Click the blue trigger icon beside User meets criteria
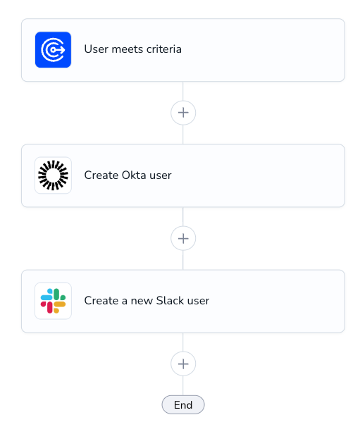click(x=53, y=50)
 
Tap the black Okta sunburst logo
click(x=53, y=175)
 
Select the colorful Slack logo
click(x=53, y=301)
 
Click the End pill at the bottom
click(x=183, y=405)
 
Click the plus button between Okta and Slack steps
click(x=183, y=238)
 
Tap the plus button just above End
click(x=183, y=364)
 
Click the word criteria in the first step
click(x=164, y=49)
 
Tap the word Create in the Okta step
click(x=101, y=175)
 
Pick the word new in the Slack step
click(x=142, y=301)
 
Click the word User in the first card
click(x=97, y=49)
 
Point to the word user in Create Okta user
click(x=161, y=175)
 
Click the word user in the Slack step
click(x=198, y=301)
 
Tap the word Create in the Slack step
click(x=101, y=301)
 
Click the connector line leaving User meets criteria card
click(x=183, y=92)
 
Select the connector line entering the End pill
click(x=183, y=386)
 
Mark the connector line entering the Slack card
click(x=183, y=260)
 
